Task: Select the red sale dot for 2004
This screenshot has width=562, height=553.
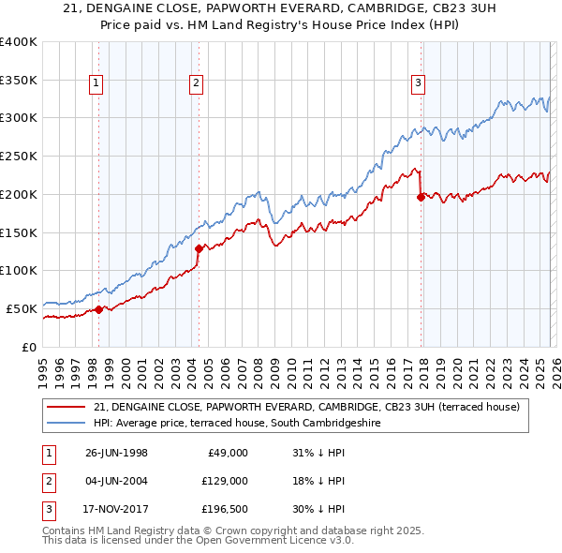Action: tap(199, 248)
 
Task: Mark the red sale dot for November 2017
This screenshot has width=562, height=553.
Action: tap(421, 197)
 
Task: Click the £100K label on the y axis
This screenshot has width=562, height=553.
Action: tap(19, 270)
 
